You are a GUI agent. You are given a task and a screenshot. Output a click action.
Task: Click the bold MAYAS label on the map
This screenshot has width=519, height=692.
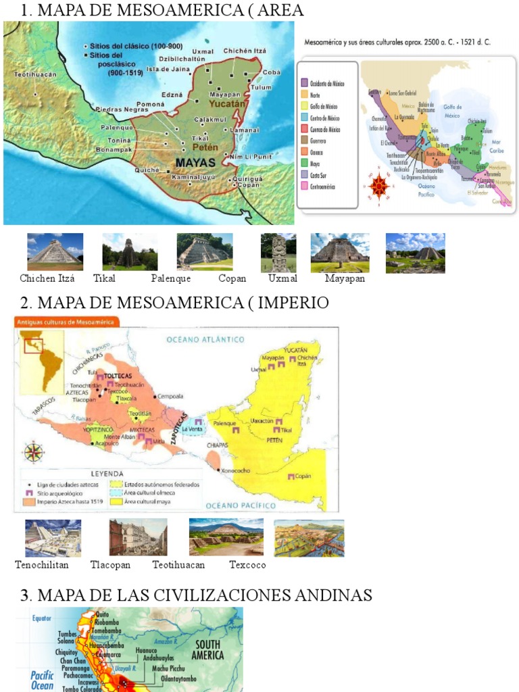click(x=195, y=163)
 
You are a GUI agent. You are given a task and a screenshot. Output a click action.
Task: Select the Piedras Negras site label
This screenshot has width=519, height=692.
click(x=122, y=109)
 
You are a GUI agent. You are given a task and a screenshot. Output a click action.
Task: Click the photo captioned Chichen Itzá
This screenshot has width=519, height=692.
click(x=55, y=251)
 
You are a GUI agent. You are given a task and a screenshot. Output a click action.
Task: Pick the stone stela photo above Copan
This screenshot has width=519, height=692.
click(x=278, y=253)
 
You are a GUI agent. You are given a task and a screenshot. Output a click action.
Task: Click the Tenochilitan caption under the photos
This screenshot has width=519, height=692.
click(x=42, y=565)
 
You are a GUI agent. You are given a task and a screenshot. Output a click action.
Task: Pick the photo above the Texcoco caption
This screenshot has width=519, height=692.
click(x=309, y=538)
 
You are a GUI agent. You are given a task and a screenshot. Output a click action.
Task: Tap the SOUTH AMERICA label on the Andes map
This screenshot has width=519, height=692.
click(x=208, y=649)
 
